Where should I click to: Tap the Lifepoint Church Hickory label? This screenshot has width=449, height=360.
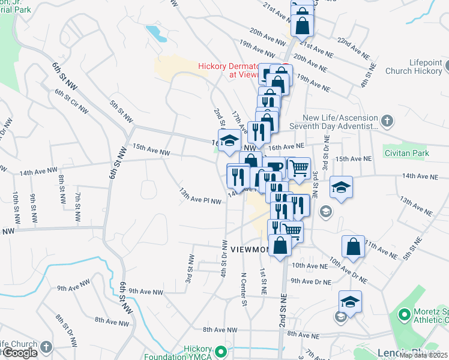[417, 67]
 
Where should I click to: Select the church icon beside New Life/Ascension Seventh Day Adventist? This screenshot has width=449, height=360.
[387, 121]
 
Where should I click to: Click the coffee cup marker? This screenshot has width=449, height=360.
[274, 167]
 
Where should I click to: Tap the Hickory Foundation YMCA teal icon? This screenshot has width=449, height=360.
[221, 351]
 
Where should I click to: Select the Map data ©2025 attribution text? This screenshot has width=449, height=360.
[424, 355]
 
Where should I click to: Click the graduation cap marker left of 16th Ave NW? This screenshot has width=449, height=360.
[228, 140]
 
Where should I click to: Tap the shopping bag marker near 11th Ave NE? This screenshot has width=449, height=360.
[353, 246]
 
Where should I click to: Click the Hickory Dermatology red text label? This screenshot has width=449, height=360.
[228, 67]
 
